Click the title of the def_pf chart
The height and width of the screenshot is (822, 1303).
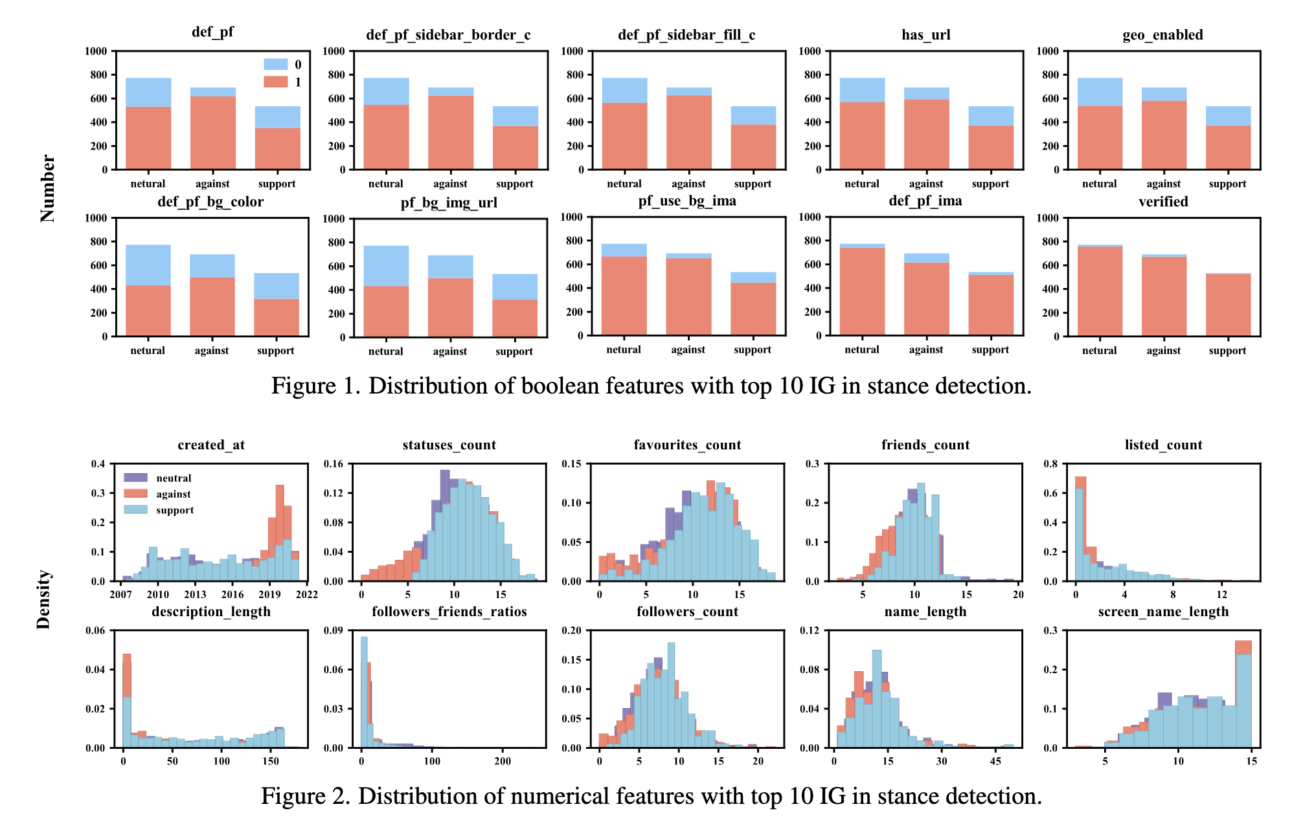(212, 32)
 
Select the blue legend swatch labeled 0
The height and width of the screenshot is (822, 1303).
(275, 64)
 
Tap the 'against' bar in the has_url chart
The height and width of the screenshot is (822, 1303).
(926, 129)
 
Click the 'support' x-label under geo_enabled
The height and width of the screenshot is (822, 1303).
(1227, 184)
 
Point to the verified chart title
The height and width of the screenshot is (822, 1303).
(1163, 202)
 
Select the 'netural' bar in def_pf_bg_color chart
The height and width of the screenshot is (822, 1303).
(148, 291)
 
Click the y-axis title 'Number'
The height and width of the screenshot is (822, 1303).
(47, 188)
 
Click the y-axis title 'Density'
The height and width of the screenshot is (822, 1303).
(43, 599)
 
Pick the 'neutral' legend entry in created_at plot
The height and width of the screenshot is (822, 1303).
(174, 478)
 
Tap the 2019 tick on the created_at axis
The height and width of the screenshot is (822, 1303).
(269, 595)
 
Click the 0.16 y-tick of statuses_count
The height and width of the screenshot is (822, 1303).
(334, 464)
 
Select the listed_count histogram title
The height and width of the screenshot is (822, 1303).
(1163, 445)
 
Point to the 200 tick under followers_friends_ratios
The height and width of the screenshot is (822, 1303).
(503, 761)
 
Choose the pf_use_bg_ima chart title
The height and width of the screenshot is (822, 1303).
(687, 201)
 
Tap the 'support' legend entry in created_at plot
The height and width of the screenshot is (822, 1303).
(175, 510)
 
